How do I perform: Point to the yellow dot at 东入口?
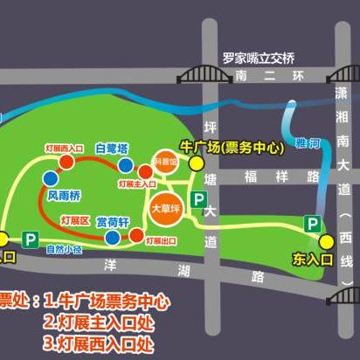click(326, 242)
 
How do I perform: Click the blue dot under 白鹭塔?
click(127, 164)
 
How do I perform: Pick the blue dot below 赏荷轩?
click(113, 237)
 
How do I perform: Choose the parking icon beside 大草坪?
click(199, 199)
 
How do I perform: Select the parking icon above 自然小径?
click(32, 238)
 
